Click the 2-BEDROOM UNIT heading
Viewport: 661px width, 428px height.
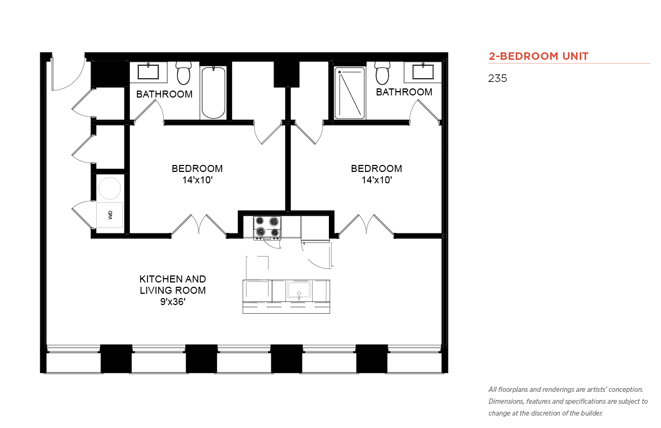pyautogui.click(x=538, y=56)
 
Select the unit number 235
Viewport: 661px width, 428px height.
pyautogui.click(x=497, y=78)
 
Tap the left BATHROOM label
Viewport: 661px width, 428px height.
pyautogui.click(x=164, y=94)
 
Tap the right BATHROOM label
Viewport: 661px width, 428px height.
pyautogui.click(x=404, y=92)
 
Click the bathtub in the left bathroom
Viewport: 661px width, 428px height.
pyautogui.click(x=213, y=93)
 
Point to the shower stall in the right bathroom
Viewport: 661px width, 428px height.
pyautogui.click(x=350, y=93)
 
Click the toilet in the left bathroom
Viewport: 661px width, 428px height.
pyautogui.click(x=184, y=73)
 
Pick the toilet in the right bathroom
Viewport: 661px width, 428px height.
pyautogui.click(x=382, y=73)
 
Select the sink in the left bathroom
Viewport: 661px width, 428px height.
pyautogui.click(x=148, y=72)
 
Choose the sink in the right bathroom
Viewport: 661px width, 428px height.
pyautogui.click(x=423, y=72)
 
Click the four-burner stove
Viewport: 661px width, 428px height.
pyautogui.click(x=268, y=227)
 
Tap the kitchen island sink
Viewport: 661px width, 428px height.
pyautogui.click(x=299, y=289)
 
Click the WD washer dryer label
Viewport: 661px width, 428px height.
pyautogui.click(x=110, y=215)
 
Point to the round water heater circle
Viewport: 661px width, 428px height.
pyautogui.click(x=109, y=188)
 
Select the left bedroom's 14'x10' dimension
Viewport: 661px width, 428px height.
pyautogui.click(x=198, y=180)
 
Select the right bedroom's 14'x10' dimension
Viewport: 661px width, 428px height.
pyautogui.click(x=377, y=180)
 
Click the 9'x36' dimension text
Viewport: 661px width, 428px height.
pyautogui.click(x=173, y=302)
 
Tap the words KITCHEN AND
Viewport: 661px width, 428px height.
pyautogui.click(x=173, y=279)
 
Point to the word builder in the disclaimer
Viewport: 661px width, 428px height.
pyautogui.click(x=592, y=413)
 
